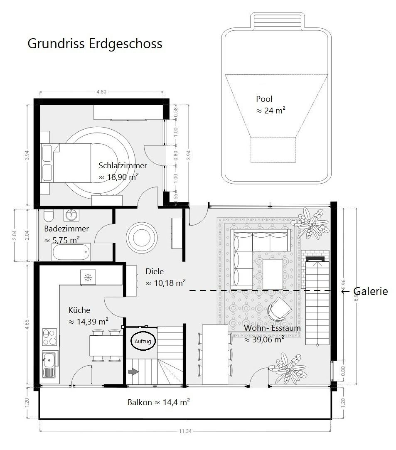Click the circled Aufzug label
tap(143, 342)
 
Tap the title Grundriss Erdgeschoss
tap(95, 44)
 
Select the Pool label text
tap(264, 99)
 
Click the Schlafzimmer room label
tap(123, 166)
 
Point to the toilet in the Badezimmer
tap(48, 215)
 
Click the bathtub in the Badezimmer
tap(71, 252)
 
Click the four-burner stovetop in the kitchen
tap(49, 337)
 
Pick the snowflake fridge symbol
tap(88, 277)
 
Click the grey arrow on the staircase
tap(133, 372)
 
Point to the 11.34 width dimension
tap(185, 431)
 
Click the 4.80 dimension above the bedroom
tap(101, 92)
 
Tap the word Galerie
tap(371, 291)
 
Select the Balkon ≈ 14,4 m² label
tap(159, 402)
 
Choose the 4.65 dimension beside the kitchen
tap(27, 324)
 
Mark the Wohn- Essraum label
tap(272, 328)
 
